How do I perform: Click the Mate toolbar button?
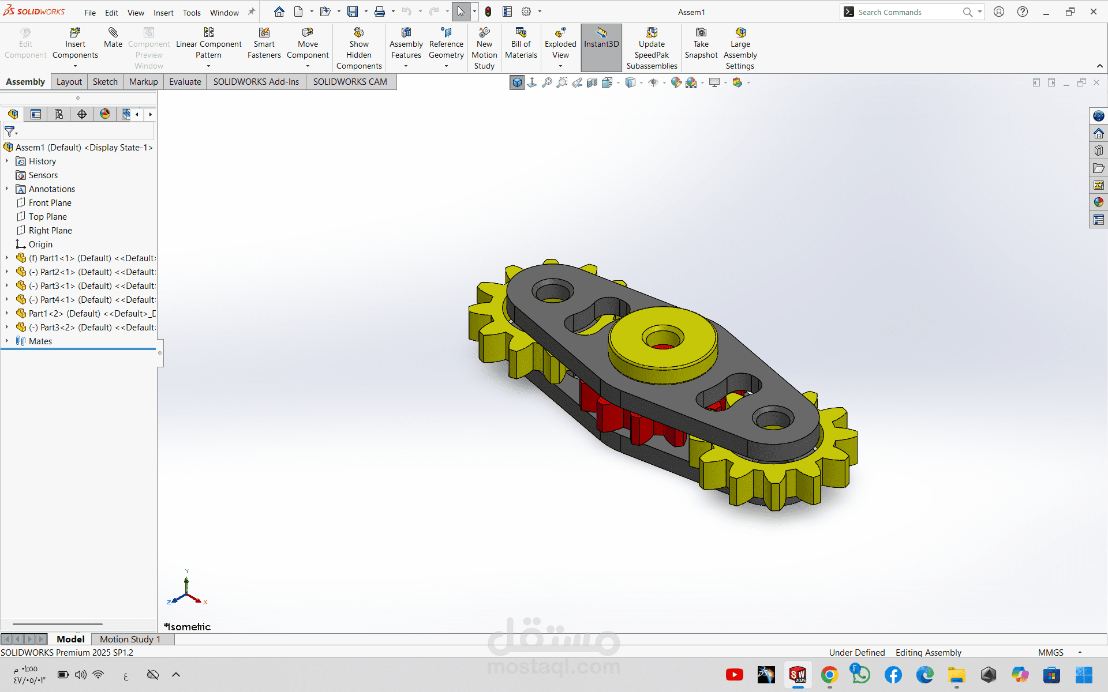[113, 38]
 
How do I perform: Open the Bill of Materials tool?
[521, 43]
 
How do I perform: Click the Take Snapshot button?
[701, 43]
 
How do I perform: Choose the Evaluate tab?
[185, 82]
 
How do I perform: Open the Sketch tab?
[105, 82]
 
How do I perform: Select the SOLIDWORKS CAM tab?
[350, 82]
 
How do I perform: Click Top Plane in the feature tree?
[47, 217]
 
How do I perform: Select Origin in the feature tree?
[40, 245]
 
